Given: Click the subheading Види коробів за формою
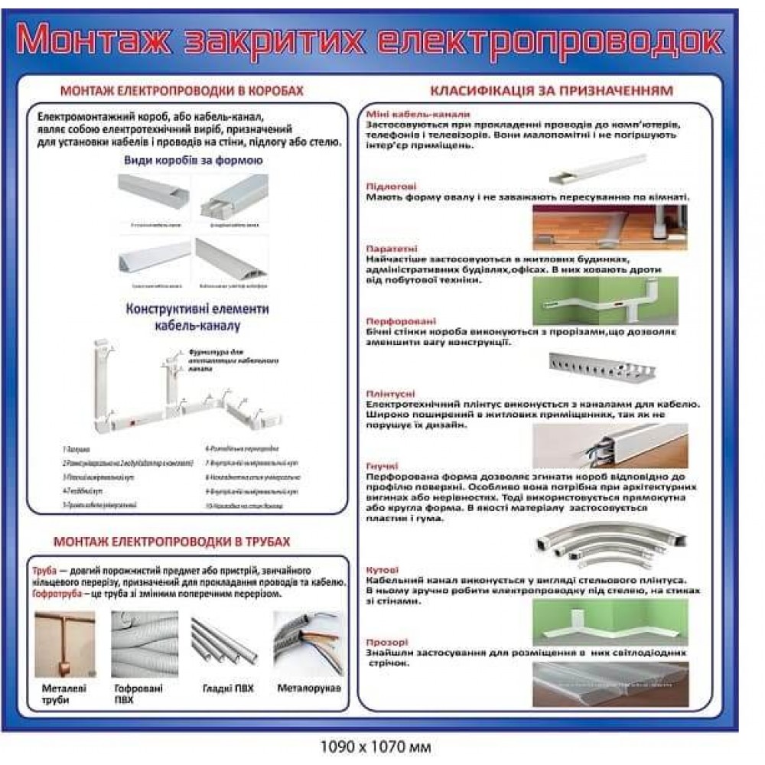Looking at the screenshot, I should (194, 161).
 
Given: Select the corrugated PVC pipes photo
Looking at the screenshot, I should (145, 643).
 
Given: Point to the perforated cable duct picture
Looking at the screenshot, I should (608, 367).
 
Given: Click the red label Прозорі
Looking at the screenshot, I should (387, 642).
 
